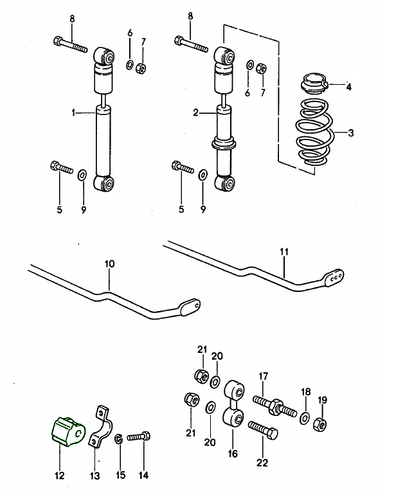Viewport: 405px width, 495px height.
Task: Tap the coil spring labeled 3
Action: point(313,133)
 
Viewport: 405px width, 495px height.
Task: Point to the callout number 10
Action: point(109,264)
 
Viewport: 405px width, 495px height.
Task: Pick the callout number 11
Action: point(284,253)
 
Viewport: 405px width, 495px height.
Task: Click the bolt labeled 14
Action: point(138,437)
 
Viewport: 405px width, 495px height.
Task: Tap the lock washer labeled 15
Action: point(119,439)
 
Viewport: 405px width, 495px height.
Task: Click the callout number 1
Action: point(73,113)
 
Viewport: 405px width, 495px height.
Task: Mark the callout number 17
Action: point(263,376)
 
